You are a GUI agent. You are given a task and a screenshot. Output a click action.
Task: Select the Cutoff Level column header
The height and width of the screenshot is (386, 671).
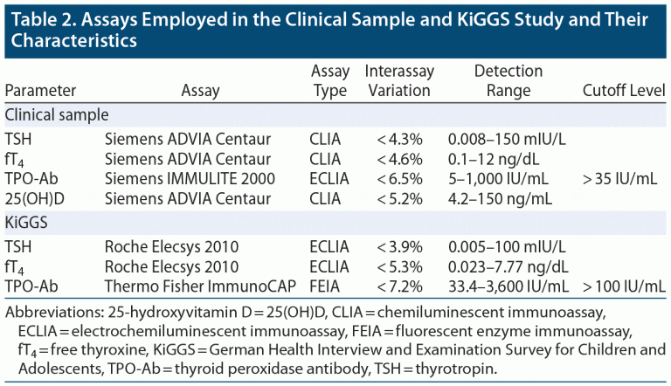click(x=623, y=90)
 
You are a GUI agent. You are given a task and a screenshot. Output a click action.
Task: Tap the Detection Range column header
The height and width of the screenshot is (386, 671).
click(x=508, y=80)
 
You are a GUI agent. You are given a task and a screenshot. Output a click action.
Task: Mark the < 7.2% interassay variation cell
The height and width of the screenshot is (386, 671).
click(x=399, y=286)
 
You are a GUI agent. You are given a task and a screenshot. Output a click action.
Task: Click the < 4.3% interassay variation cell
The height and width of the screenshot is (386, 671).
click(x=399, y=139)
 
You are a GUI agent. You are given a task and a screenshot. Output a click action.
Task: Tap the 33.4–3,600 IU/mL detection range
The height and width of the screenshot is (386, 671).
click(x=508, y=286)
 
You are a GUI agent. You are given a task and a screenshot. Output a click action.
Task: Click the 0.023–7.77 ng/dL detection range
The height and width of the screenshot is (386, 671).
click(x=507, y=266)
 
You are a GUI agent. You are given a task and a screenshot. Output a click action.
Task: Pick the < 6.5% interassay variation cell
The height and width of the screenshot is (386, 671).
click(x=399, y=177)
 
